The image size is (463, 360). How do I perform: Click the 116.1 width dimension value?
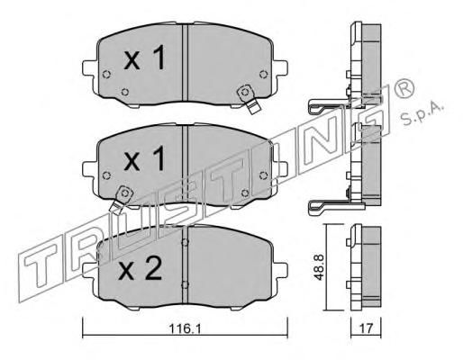coord(185,328)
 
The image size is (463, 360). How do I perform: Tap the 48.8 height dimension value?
coord(319,267)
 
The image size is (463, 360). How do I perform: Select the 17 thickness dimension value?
coord(366,328)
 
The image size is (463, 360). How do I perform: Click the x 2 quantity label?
coord(141,268)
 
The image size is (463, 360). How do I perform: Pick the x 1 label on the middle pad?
coord(145,158)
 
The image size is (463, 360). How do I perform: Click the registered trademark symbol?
coord(404,89)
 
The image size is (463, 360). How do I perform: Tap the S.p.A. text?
coord(421,113)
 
